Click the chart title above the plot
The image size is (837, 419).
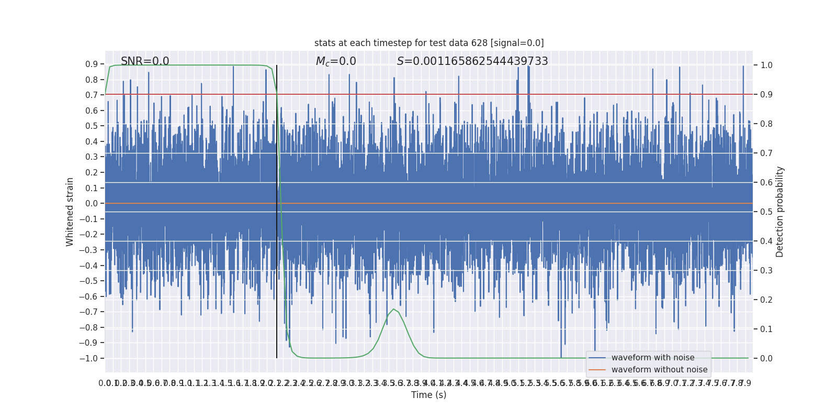point(429,43)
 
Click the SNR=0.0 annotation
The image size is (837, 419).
point(145,61)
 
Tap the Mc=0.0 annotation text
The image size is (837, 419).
point(336,61)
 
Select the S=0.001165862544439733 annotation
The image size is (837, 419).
point(472,61)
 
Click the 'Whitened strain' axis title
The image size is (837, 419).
point(70,212)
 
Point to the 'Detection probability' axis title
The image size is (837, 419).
point(780,212)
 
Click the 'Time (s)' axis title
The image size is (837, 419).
point(428,395)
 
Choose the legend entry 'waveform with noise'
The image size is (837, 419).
point(653,358)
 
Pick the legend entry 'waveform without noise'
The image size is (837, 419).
point(659,370)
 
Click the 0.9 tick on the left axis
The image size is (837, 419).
point(92,64)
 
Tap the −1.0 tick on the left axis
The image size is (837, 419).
point(89,358)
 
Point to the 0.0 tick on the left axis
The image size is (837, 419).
point(92,203)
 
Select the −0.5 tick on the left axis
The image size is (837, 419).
point(89,281)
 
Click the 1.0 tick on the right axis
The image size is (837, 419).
point(766,65)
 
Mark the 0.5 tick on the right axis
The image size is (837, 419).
point(766,212)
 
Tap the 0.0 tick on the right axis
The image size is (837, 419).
point(766,359)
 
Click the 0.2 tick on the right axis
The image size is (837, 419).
point(766,300)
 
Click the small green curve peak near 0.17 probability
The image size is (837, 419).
point(393,309)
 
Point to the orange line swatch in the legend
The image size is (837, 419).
point(597,370)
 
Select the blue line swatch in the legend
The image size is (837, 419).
point(597,358)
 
